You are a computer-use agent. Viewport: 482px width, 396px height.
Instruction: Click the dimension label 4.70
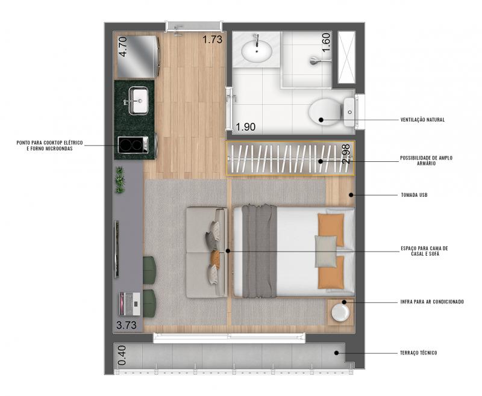pyautogui.click(x=123, y=47)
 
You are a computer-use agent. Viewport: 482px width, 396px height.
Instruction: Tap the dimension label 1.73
pyautogui.click(x=212, y=40)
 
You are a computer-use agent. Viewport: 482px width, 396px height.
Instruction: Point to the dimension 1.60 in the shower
pyautogui.click(x=326, y=42)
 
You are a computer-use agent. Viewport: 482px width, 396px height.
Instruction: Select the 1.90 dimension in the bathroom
pyautogui.click(x=245, y=127)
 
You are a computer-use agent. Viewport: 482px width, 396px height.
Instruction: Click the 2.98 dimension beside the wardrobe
pyautogui.click(x=346, y=154)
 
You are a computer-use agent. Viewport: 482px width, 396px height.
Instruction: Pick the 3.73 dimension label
pyautogui.click(x=127, y=325)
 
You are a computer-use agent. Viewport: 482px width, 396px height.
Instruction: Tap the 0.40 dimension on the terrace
pyautogui.click(x=122, y=356)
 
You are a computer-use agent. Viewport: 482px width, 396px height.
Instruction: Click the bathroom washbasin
pyautogui.click(x=257, y=51)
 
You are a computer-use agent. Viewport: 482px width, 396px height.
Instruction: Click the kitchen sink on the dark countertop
pyautogui.click(x=139, y=101)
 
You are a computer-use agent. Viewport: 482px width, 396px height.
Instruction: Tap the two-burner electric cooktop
pyautogui.click(x=133, y=145)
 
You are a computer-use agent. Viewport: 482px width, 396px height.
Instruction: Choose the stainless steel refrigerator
pyautogui.click(x=137, y=57)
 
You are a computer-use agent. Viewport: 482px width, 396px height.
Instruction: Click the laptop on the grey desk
pyautogui.click(x=130, y=304)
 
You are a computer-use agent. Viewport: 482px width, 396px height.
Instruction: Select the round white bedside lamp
pyautogui.click(x=340, y=312)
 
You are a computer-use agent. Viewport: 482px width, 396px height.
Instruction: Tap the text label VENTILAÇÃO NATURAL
pyautogui.click(x=422, y=120)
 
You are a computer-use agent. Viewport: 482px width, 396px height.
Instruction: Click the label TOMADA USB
pyautogui.click(x=414, y=195)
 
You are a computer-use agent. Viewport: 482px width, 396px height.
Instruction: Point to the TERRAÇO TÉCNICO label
pyautogui.click(x=418, y=353)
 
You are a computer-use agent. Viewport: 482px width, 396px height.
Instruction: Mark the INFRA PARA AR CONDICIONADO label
pyautogui.click(x=432, y=302)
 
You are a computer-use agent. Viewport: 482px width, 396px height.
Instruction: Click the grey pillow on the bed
pyautogui.click(x=325, y=252)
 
